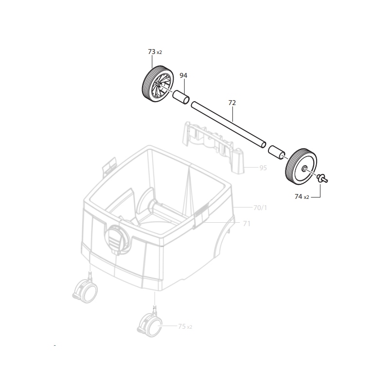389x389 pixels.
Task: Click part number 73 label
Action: [152, 52]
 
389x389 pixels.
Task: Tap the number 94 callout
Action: [183, 75]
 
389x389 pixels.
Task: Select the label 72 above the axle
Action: [232, 103]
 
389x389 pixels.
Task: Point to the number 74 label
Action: [299, 196]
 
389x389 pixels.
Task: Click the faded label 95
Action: [263, 168]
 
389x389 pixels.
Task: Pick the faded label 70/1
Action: [260, 208]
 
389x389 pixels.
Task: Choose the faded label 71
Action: [247, 224]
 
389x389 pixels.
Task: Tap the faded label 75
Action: [182, 326]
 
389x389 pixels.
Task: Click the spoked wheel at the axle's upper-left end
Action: [158, 84]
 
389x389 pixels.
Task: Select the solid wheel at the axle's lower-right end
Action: [301, 166]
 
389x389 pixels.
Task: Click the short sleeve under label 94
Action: [181, 98]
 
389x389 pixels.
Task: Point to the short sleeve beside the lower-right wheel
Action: [276, 152]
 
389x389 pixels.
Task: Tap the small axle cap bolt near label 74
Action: [322, 178]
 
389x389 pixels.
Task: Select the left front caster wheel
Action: [85, 290]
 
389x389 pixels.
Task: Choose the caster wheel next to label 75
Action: [150, 324]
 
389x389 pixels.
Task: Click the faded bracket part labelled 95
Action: [213, 147]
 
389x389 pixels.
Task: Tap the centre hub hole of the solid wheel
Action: [303, 168]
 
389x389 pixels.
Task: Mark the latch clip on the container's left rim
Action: [109, 166]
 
